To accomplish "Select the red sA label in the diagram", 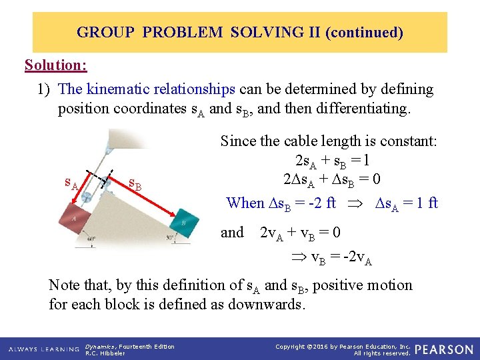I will pos(71,181).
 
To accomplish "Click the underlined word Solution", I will pos(55,65).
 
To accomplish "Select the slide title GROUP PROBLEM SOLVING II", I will pos(239,32).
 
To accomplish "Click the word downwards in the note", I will pos(267,305).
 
